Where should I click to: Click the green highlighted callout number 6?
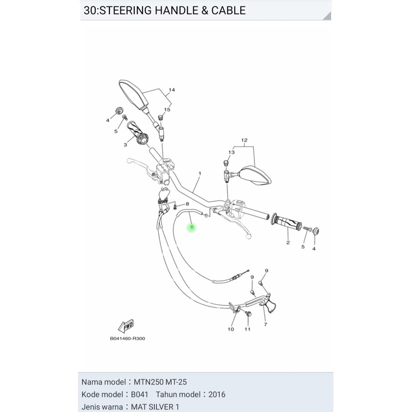coord(192,227)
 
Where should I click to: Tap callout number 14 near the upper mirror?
coord(171,91)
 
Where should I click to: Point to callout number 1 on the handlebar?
coord(199,173)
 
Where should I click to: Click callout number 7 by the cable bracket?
coord(265,325)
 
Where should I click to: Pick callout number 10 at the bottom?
coord(231,329)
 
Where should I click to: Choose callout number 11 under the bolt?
coord(248,329)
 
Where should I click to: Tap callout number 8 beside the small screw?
coord(187,204)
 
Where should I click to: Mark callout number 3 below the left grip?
coord(125,145)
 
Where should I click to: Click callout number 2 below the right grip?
coord(288,243)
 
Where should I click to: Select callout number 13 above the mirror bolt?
coord(231,152)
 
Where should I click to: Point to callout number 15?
coord(167,109)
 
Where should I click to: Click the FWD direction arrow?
coord(125,326)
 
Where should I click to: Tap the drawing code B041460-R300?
coord(127,339)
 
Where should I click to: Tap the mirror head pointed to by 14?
coord(134,93)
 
